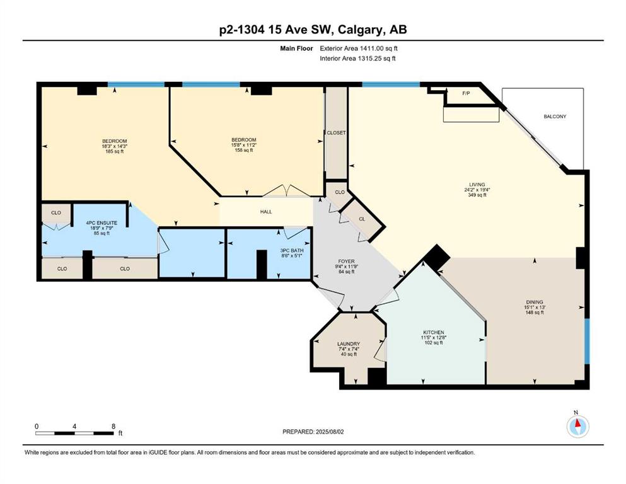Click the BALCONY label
[x=555, y=117]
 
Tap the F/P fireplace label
[x=466, y=93]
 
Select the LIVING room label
[x=477, y=185]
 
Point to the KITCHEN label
[x=434, y=332]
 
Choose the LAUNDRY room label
[x=349, y=344]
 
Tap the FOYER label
[x=346, y=262]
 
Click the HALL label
[x=266, y=212]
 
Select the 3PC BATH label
[x=292, y=251]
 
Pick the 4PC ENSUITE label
[x=101, y=223]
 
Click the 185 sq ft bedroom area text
[x=114, y=152]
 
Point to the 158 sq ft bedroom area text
[x=244, y=150]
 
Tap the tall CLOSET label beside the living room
[x=336, y=133]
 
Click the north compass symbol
[x=577, y=426]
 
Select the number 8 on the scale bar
[x=113, y=426]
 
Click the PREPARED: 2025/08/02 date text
[x=313, y=432]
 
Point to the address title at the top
[x=313, y=30]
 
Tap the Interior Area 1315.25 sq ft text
[x=357, y=58]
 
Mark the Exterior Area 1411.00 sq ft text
[x=359, y=49]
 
